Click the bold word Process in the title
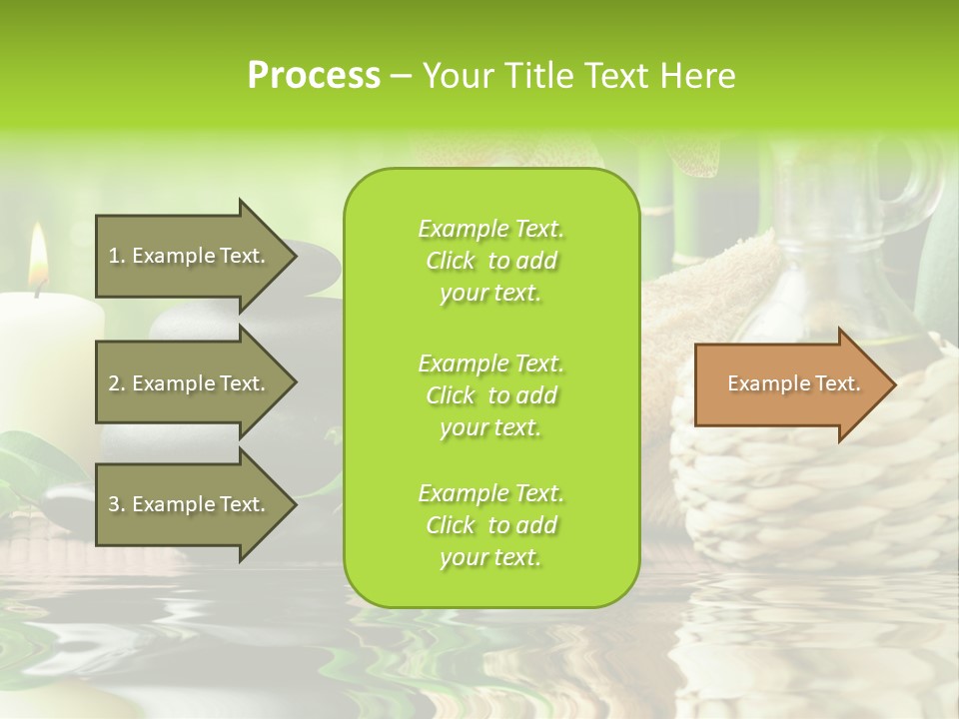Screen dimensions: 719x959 click(x=314, y=76)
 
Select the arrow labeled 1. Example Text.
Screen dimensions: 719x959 click(x=190, y=256)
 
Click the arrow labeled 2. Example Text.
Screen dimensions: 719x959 click(x=190, y=383)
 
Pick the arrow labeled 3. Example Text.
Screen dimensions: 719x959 click(x=190, y=504)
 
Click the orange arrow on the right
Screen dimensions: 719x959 click(x=789, y=384)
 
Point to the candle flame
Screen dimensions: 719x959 click(x=38, y=256)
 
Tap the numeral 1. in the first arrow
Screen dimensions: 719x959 click(x=116, y=256)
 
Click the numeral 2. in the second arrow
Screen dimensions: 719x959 click(x=116, y=383)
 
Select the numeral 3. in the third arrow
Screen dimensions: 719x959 click(x=116, y=504)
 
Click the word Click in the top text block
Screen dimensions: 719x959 click(x=451, y=262)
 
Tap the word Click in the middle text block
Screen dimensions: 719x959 click(x=451, y=395)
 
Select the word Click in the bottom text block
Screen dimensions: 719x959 click(x=451, y=526)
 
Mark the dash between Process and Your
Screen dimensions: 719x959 click(x=401, y=77)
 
